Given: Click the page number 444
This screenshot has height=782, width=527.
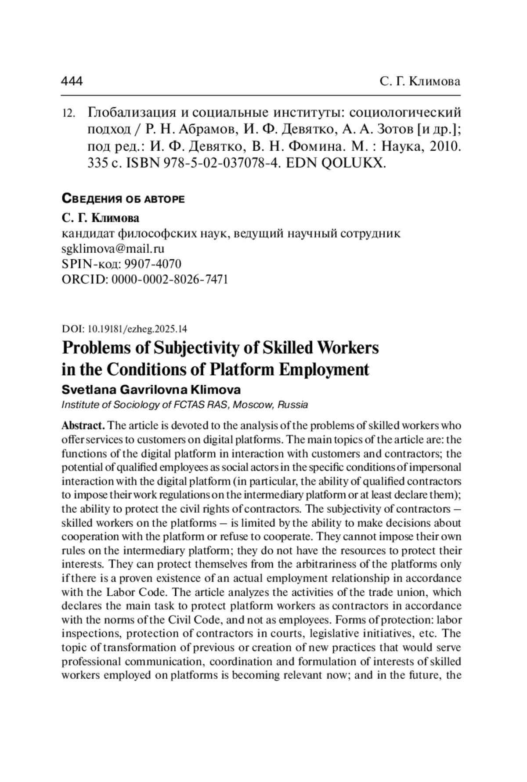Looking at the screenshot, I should (72, 81).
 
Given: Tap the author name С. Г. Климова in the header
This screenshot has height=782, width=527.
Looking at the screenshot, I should (419, 81).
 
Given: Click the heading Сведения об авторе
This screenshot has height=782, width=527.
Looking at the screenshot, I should (123, 199).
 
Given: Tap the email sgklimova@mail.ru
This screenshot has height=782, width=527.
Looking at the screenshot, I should (113, 249).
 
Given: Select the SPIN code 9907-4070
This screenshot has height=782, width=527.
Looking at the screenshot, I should (153, 264).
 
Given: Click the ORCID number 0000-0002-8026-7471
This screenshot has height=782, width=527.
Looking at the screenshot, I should (170, 279).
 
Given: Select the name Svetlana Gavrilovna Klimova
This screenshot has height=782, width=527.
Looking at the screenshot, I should (151, 390).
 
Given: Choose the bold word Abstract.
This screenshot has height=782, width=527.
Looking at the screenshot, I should (83, 425).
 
